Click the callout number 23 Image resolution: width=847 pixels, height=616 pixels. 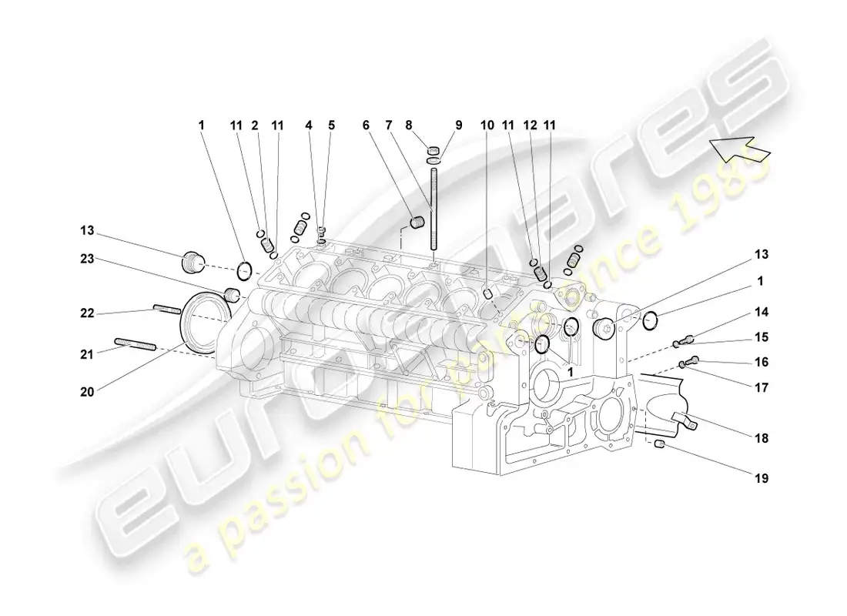pos(87,259)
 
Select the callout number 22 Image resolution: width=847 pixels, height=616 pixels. pos(87,313)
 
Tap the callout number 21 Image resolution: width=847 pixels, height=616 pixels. pos(87,354)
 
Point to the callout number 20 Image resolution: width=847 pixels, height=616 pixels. pos(87,391)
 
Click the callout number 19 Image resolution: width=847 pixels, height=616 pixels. pos(761,477)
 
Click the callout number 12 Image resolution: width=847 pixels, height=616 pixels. pos(528,125)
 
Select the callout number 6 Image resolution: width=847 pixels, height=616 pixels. pos(366,125)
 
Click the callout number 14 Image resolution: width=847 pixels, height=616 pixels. pos(761,312)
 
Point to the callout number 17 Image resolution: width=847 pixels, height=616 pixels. pos(761,389)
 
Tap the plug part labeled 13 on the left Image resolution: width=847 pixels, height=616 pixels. pos(190,262)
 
